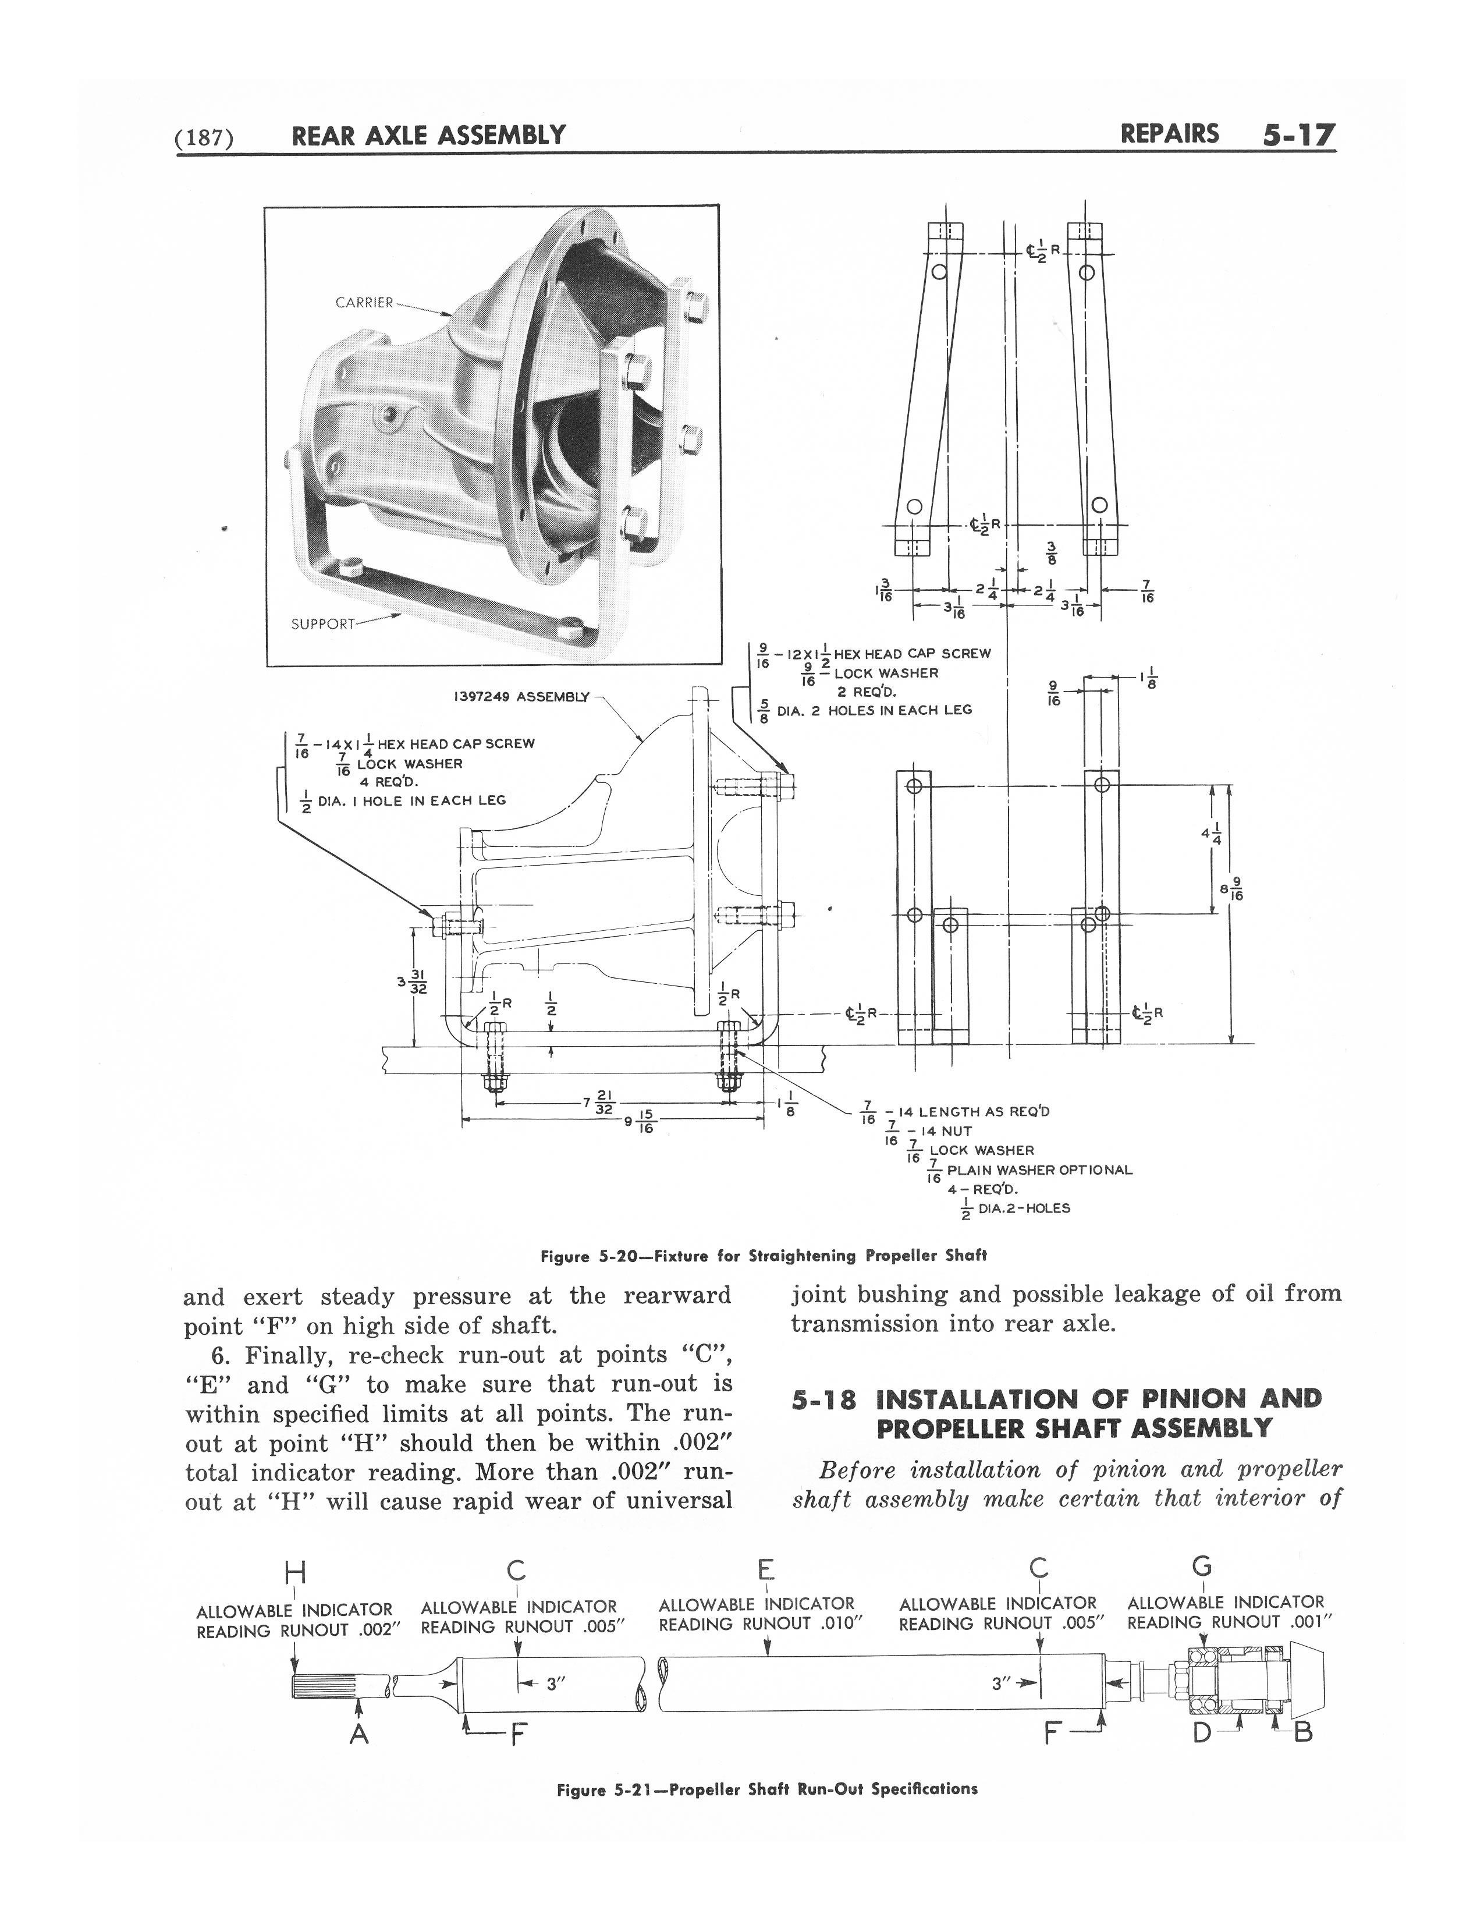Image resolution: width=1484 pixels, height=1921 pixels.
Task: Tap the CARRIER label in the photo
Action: pyautogui.click(x=364, y=303)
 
